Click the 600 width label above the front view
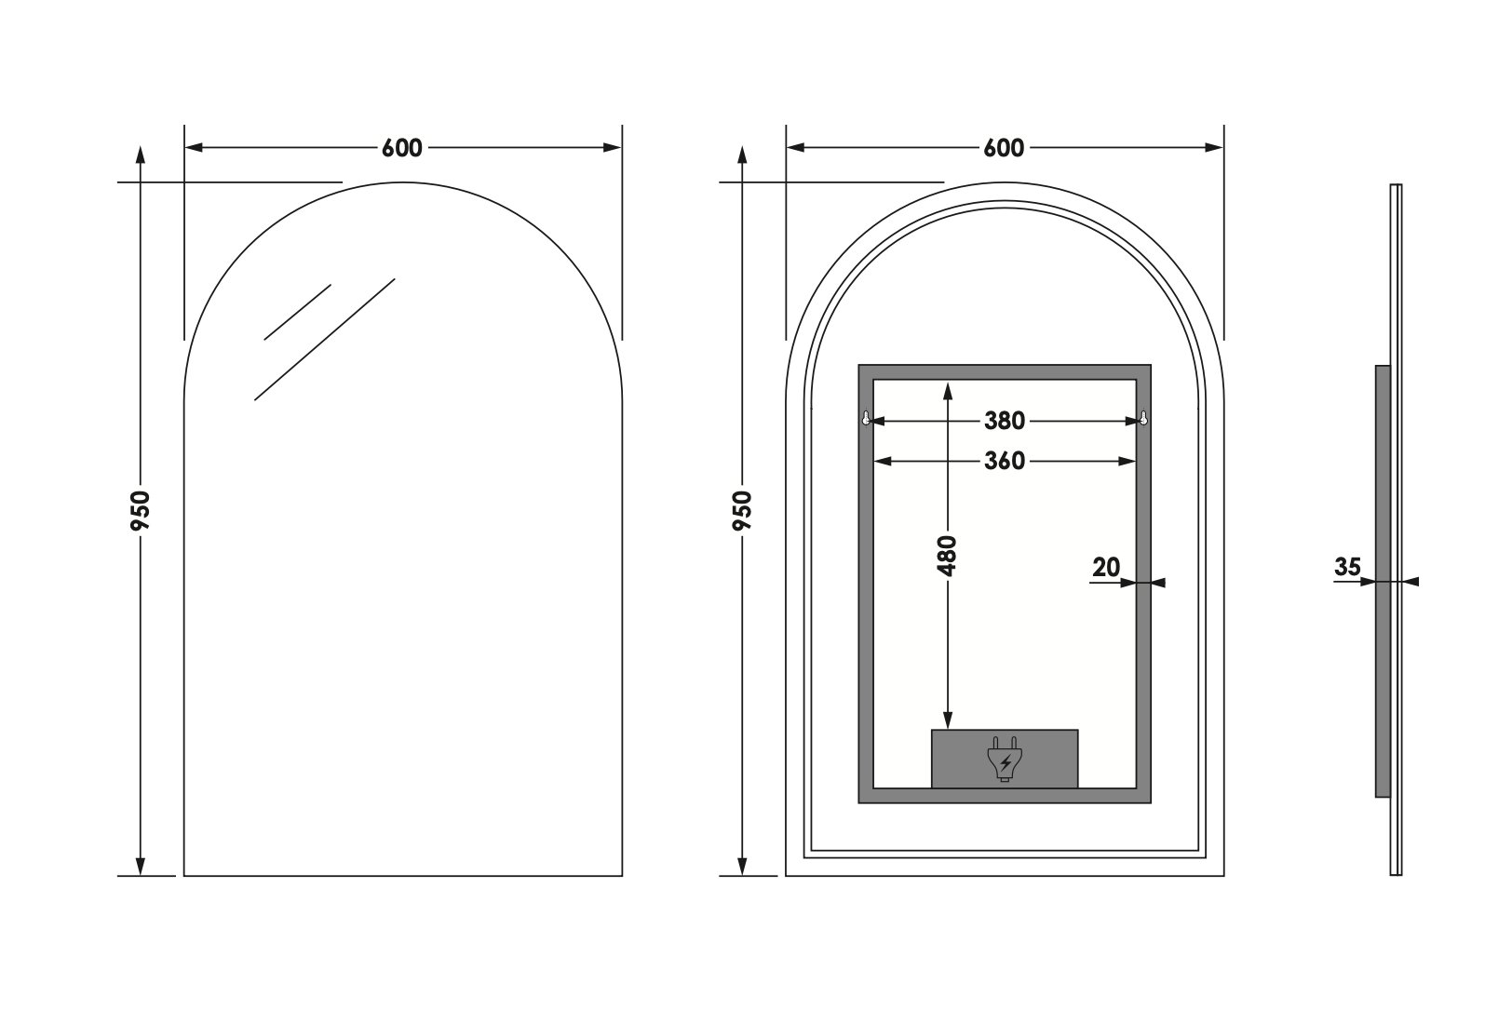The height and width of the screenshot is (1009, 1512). tap(401, 148)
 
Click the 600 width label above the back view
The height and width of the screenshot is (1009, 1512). tap(1004, 148)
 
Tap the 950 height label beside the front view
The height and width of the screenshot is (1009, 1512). tap(141, 510)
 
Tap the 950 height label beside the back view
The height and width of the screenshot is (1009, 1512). tap(742, 510)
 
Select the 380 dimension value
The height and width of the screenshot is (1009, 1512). tap(1005, 421)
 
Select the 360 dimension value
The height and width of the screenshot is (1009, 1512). tap(1005, 461)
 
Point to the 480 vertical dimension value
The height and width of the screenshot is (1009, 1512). tap(948, 556)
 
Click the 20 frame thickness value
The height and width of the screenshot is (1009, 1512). tap(1106, 568)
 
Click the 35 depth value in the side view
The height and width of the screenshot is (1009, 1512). tap(1347, 567)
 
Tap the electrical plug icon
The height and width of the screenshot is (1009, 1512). tap(1005, 759)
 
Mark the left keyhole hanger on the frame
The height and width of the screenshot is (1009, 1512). tap(866, 419)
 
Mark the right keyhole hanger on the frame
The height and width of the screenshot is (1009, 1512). tap(1143, 419)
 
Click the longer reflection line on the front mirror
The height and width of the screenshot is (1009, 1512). tap(325, 340)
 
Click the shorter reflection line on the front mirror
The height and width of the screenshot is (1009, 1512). tap(298, 312)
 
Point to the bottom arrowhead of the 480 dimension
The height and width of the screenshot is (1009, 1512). tap(948, 720)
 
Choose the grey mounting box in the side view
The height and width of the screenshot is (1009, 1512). tap(1383, 581)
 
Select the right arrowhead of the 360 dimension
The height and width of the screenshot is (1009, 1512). tap(1127, 461)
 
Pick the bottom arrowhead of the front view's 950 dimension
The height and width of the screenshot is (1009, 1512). tap(141, 866)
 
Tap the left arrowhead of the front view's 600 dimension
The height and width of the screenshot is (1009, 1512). tap(195, 148)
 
